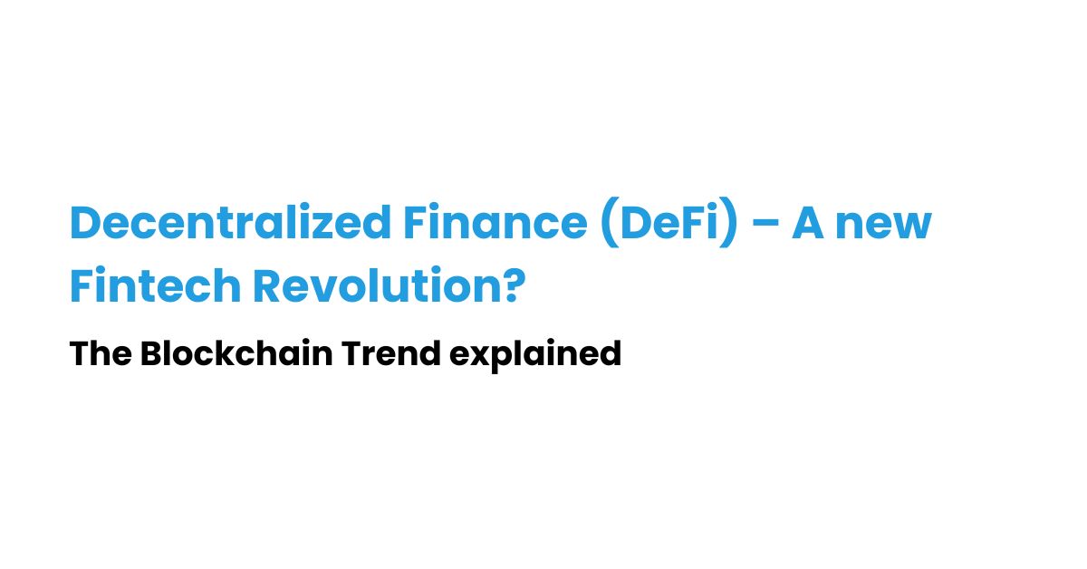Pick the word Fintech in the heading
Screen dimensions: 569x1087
pyautogui.click(x=155, y=286)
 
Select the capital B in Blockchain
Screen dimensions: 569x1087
pyautogui.click(x=150, y=353)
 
